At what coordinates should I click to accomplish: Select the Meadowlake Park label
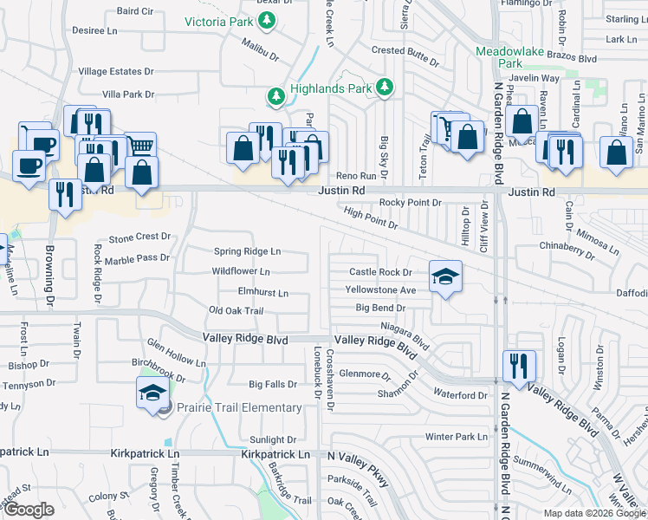point(510,57)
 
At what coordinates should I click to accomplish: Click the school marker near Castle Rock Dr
point(446,276)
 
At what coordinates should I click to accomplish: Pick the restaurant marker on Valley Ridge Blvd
point(519,364)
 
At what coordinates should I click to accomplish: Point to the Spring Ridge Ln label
point(248,251)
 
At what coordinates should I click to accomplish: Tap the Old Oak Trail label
point(236,310)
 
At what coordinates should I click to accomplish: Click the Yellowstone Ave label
point(380,290)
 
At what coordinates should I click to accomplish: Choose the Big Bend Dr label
point(380,308)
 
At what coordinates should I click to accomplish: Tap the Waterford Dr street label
point(462,395)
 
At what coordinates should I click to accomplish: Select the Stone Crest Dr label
point(139,237)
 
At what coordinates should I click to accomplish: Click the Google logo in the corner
point(29,510)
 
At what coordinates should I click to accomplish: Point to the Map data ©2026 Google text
point(593,513)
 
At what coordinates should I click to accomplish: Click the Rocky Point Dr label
point(411,203)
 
